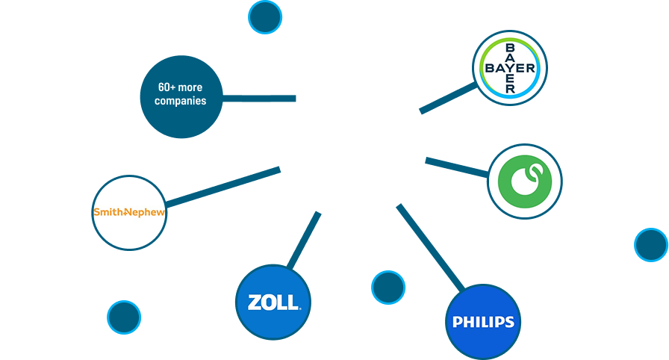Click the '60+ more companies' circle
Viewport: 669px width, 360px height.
click(181, 96)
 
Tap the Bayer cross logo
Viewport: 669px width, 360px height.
click(511, 69)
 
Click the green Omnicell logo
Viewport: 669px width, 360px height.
click(524, 181)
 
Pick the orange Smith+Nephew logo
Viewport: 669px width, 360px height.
click(129, 213)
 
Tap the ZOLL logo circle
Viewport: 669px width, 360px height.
click(273, 302)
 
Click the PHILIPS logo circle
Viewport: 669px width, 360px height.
click(483, 322)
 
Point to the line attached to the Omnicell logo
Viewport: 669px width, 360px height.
click(455, 167)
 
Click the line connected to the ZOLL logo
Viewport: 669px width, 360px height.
click(303, 240)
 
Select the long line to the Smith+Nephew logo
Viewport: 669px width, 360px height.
click(224, 186)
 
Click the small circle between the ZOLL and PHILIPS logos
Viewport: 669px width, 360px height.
click(388, 288)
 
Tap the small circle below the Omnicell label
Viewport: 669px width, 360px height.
click(651, 245)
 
